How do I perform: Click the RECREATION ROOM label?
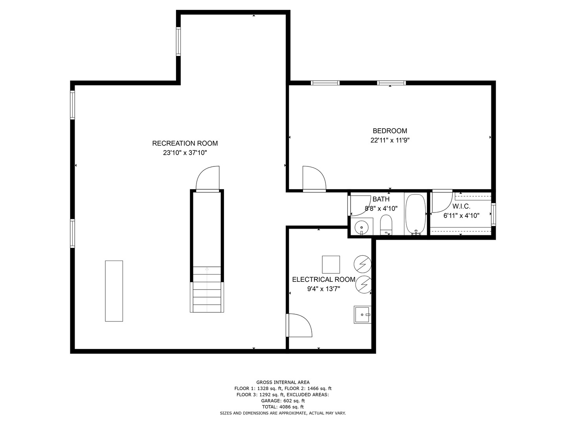click(x=185, y=143)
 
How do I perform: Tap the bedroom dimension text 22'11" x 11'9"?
click(x=390, y=140)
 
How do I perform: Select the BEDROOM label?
click(x=390, y=131)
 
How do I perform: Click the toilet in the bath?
click(x=386, y=225)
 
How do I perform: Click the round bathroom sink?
click(x=362, y=227)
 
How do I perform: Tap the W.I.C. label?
click(x=461, y=206)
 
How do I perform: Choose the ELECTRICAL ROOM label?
click(x=323, y=279)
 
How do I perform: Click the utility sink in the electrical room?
click(x=362, y=314)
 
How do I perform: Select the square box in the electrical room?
click(x=331, y=264)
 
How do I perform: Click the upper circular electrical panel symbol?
click(x=362, y=264)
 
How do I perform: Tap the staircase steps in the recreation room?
click(x=207, y=289)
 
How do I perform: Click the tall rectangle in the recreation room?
click(x=114, y=291)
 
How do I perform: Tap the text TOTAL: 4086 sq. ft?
click(x=283, y=407)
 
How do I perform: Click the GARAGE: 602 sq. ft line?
click(x=283, y=401)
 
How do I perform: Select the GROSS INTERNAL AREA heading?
click(x=283, y=382)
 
